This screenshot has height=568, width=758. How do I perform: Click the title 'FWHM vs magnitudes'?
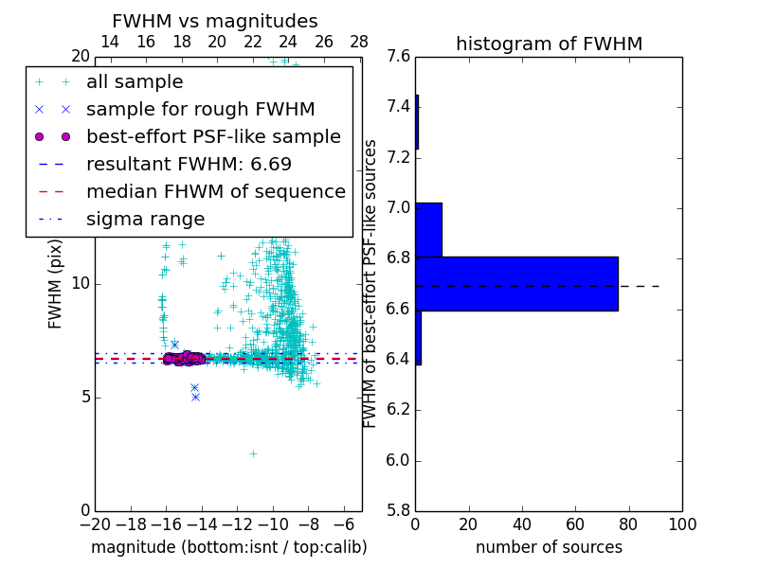pos(215,21)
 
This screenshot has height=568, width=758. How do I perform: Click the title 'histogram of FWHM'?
pos(549,44)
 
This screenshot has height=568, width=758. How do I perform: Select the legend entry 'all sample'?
pos(135,82)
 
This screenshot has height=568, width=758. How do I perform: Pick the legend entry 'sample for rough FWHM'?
pos(200,109)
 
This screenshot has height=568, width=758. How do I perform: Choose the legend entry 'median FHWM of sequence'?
pos(215,191)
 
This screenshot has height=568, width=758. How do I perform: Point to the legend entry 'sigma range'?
pos(145,219)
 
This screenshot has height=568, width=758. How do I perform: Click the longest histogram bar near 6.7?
pos(516,283)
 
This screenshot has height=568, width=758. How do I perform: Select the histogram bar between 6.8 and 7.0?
pos(428,229)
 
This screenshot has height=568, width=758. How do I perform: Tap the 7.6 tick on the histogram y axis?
pos(399,56)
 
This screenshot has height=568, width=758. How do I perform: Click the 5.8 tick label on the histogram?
pos(399,511)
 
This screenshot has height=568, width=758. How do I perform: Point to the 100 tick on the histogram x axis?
pos(681,524)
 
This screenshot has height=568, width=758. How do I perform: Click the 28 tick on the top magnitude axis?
pos(359,42)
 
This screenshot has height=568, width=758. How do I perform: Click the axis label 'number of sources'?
pos(549,547)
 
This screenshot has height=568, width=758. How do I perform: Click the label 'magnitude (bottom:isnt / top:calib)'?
pos(228,547)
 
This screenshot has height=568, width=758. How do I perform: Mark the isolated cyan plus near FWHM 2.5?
pos(253,453)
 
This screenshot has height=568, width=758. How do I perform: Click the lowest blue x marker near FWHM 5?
pos(195,397)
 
